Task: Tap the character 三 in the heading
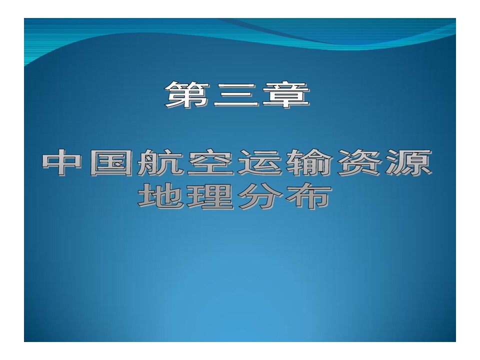235,95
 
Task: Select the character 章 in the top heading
286,94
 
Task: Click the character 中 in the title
61,162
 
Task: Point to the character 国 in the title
111,162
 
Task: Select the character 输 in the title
309,162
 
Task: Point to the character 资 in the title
359,162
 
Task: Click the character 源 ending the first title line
409,162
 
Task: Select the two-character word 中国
87,162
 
